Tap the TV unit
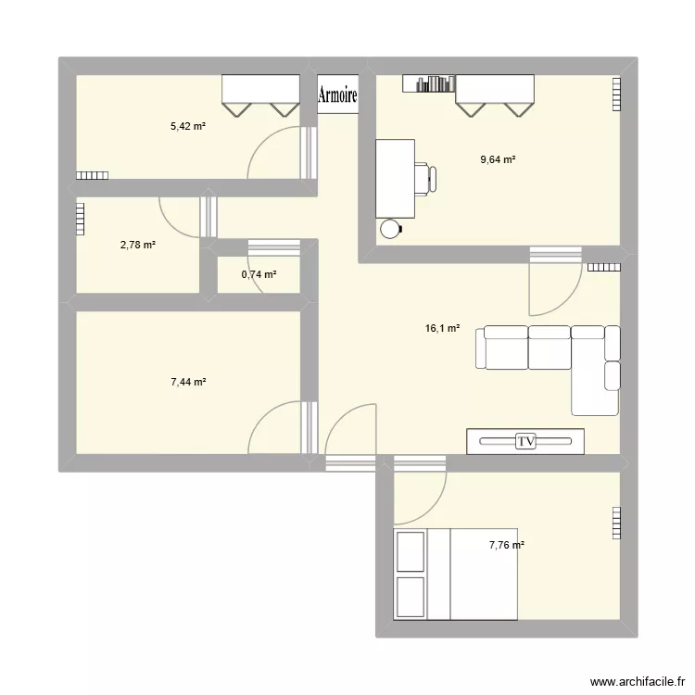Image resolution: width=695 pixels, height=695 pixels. click(x=525, y=442)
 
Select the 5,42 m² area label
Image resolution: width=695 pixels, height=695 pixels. click(x=187, y=126)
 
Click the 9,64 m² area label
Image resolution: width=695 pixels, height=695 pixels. click(x=498, y=159)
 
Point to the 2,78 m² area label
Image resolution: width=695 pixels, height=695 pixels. click(x=137, y=245)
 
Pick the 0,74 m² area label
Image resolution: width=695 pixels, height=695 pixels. click(x=259, y=274)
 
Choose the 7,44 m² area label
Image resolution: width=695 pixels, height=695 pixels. click(x=187, y=382)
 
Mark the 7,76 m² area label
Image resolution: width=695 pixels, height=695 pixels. click(x=506, y=545)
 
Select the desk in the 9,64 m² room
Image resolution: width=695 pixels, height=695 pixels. click(x=395, y=177)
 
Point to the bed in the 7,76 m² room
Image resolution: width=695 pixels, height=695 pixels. click(x=456, y=573)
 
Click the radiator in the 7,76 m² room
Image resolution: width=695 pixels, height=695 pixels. click(x=616, y=523)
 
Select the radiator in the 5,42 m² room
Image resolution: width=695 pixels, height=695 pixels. click(x=92, y=175)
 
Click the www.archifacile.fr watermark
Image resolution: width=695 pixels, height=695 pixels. click(x=634, y=681)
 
